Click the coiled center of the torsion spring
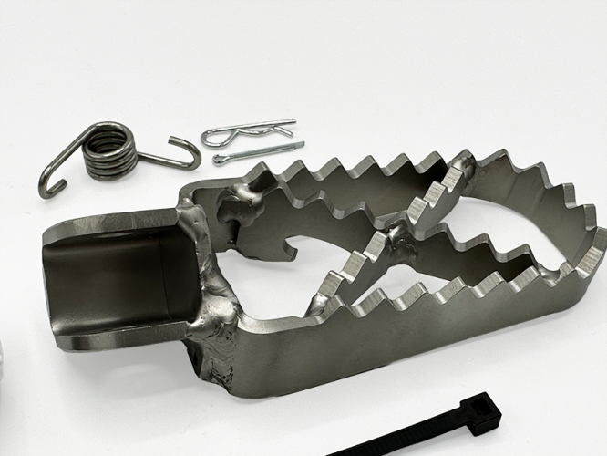(107, 150)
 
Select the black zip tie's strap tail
(383, 441)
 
